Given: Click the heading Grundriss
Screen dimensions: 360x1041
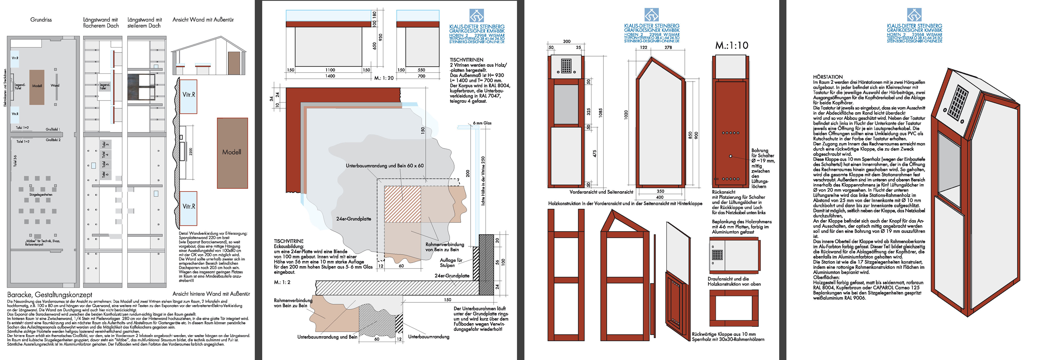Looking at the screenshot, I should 41,19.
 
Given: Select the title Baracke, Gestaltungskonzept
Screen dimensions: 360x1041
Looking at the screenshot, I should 50,294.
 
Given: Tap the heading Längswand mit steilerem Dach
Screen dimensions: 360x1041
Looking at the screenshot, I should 144,23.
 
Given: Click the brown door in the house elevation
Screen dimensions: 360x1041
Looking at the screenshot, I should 234,63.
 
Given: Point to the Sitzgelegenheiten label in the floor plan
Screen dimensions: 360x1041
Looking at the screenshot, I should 41,195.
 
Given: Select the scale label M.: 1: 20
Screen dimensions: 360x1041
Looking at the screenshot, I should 384,78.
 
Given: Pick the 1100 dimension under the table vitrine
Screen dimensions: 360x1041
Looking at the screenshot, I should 330,70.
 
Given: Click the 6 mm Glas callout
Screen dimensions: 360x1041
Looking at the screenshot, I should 482,123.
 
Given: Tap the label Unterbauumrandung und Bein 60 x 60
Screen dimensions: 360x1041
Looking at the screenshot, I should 384,166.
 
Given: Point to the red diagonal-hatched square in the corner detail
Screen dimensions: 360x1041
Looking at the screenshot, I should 402,204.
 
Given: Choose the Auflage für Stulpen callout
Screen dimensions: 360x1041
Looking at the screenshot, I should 451,263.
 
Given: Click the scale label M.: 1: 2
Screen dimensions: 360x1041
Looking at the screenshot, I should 282,282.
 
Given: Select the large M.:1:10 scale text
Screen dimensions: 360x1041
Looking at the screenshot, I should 732,46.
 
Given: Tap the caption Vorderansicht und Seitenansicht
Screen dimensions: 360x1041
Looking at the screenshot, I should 601,192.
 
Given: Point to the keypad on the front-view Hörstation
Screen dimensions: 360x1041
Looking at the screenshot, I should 566,66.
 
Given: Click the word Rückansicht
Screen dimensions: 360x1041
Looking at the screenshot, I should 723,192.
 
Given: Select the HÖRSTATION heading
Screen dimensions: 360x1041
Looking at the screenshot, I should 828,77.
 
